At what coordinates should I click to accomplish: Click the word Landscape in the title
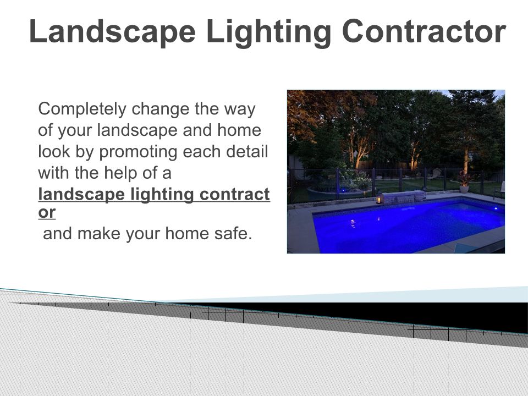112,32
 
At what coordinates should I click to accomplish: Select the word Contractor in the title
424,32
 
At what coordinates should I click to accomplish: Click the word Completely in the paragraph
82,109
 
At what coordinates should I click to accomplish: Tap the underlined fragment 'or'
47,213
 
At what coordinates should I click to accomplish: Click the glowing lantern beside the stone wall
379,197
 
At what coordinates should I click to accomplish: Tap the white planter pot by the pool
464,189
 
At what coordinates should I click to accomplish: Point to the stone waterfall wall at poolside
403,197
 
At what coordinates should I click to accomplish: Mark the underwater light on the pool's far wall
496,209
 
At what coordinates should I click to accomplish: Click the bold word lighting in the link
162,195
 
